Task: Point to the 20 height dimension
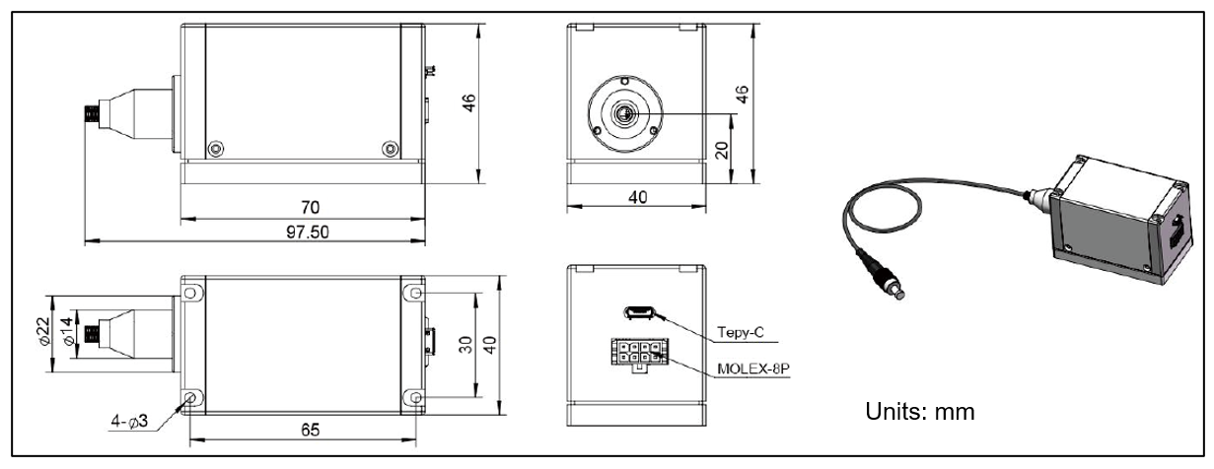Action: point(721,149)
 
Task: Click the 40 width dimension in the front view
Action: point(637,197)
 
